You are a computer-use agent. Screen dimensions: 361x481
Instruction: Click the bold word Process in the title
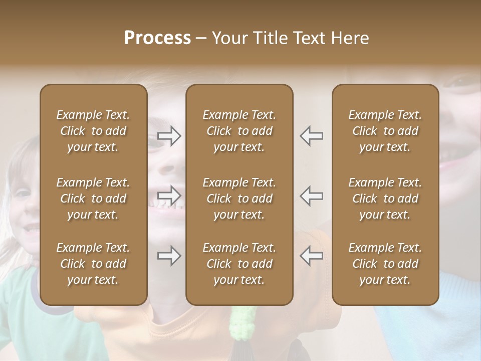(157, 38)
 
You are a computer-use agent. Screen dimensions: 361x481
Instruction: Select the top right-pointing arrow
(169, 136)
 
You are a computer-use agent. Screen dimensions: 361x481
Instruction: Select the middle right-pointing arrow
(169, 196)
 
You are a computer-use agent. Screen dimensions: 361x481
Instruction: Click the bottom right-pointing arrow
(169, 256)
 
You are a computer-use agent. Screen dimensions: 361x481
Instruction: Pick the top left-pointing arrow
(311, 136)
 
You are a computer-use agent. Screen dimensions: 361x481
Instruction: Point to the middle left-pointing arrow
(311, 196)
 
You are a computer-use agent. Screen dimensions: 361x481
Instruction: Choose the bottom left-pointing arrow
(311, 256)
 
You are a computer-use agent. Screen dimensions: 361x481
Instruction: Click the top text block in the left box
(93, 131)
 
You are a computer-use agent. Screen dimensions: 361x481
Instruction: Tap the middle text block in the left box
(93, 199)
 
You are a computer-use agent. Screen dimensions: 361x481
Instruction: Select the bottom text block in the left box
(93, 264)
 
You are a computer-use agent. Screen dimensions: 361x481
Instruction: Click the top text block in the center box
(239, 131)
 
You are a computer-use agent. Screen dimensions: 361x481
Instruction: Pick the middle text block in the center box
(239, 199)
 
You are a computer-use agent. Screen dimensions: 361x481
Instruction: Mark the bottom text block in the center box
(239, 264)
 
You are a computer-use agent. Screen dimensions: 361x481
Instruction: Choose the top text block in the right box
(385, 131)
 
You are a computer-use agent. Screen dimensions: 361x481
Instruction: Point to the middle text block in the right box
(385, 199)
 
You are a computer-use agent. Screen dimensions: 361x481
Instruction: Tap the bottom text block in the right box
(385, 264)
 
